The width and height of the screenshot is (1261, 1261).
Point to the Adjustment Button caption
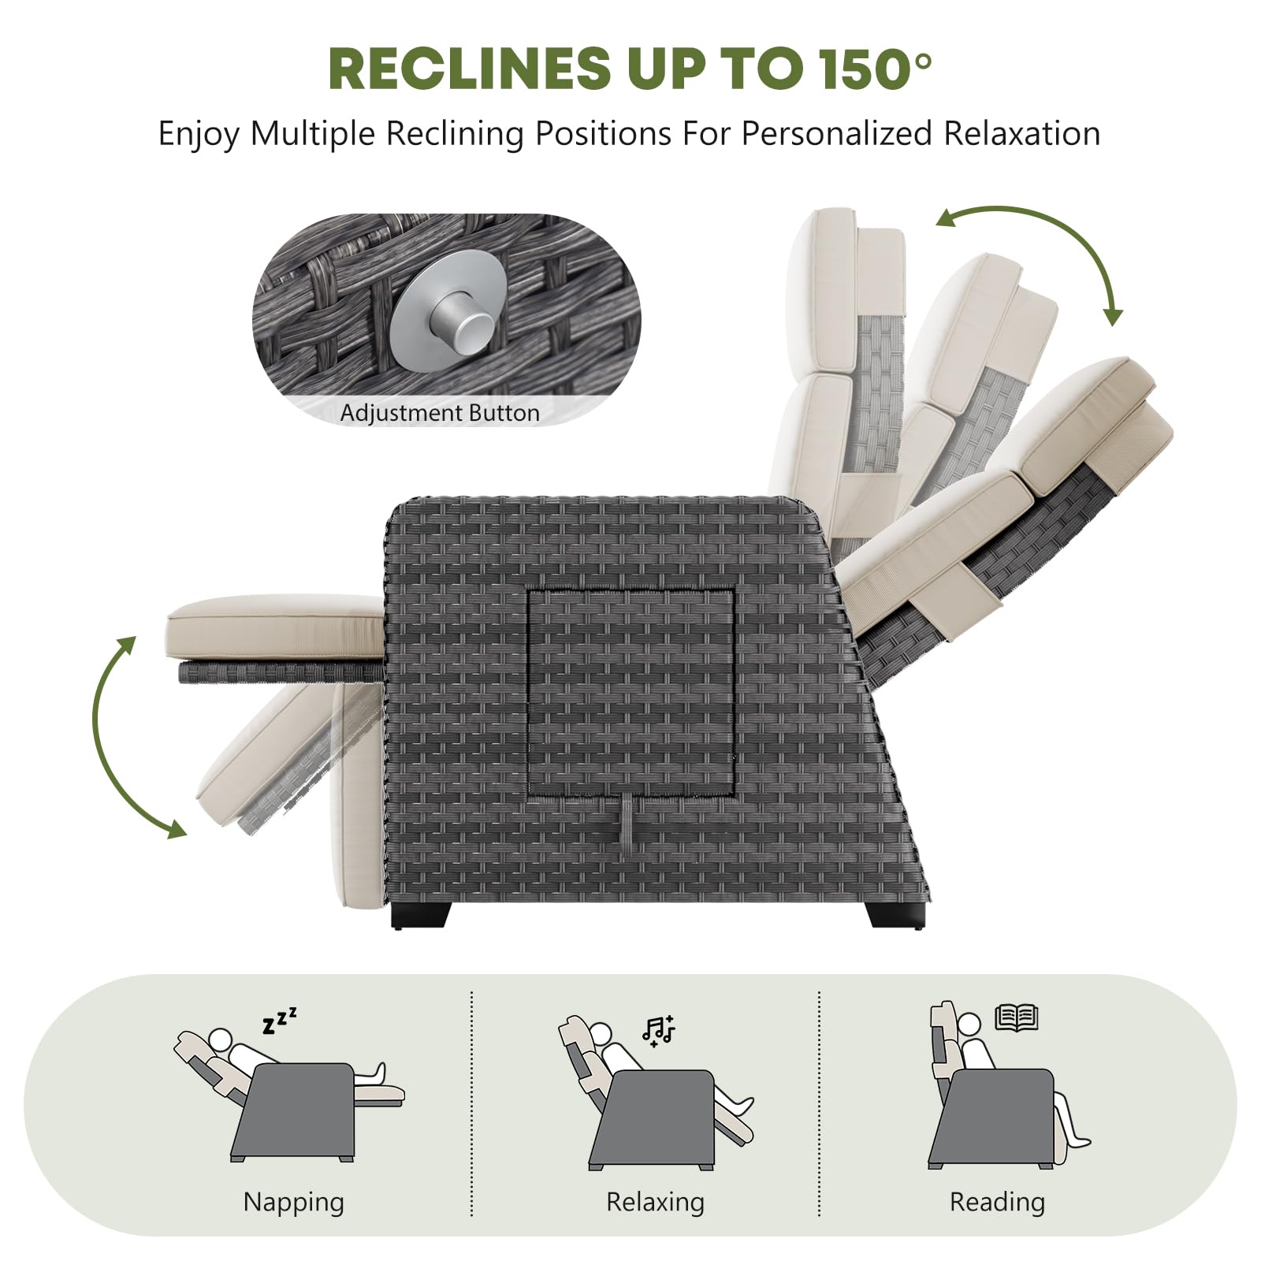click(x=440, y=413)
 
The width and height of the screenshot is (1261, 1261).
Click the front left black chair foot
click(x=421, y=914)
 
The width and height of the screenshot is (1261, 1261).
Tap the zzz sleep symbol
click(x=280, y=1020)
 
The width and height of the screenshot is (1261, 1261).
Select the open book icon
click(x=1017, y=1017)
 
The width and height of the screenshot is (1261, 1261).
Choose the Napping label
click(x=293, y=1203)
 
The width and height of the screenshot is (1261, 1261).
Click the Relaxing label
click(x=655, y=1202)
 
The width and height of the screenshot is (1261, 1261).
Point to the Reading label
click(x=997, y=1203)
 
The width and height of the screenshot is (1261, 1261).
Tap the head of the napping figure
click(x=223, y=1038)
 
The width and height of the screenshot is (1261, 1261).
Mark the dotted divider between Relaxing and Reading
click(x=820, y=1103)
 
